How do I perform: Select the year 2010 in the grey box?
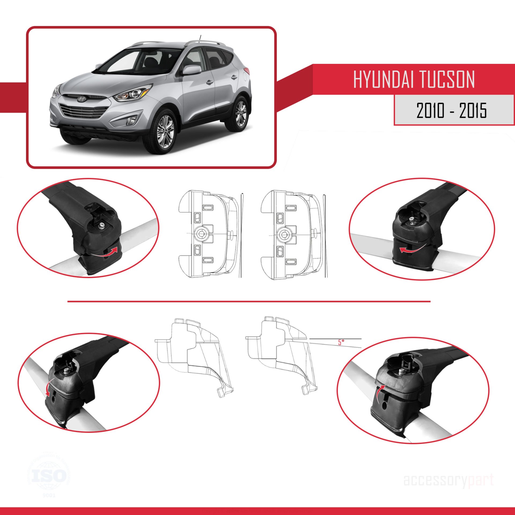pos(430,111)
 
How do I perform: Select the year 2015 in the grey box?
pos(473,111)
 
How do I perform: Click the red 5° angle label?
pos(341,342)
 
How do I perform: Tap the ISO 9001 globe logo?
pos(49,476)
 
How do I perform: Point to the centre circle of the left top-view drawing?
pos(201,234)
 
